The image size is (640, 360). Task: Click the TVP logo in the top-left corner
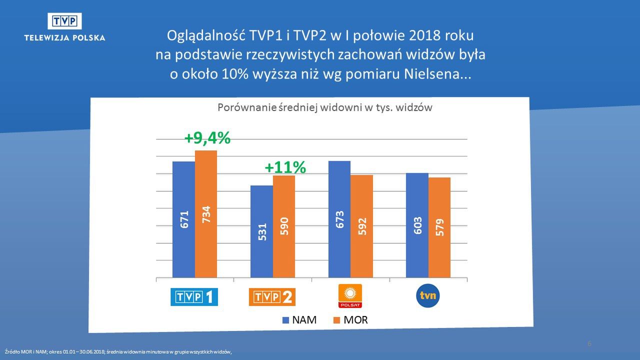(x=64, y=21)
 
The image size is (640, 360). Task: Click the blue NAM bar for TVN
(x=417, y=225)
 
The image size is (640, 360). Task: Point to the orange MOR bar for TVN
(x=439, y=227)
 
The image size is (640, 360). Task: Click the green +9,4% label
(x=207, y=138)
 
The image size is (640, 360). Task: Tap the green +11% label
(x=285, y=167)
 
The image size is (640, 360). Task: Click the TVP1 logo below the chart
(x=194, y=297)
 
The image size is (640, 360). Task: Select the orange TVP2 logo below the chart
(x=272, y=297)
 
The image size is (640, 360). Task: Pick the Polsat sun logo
(x=350, y=295)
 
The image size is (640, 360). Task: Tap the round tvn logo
(x=427, y=295)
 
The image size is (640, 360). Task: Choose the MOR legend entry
(x=350, y=320)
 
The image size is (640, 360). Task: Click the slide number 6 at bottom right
(x=589, y=343)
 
